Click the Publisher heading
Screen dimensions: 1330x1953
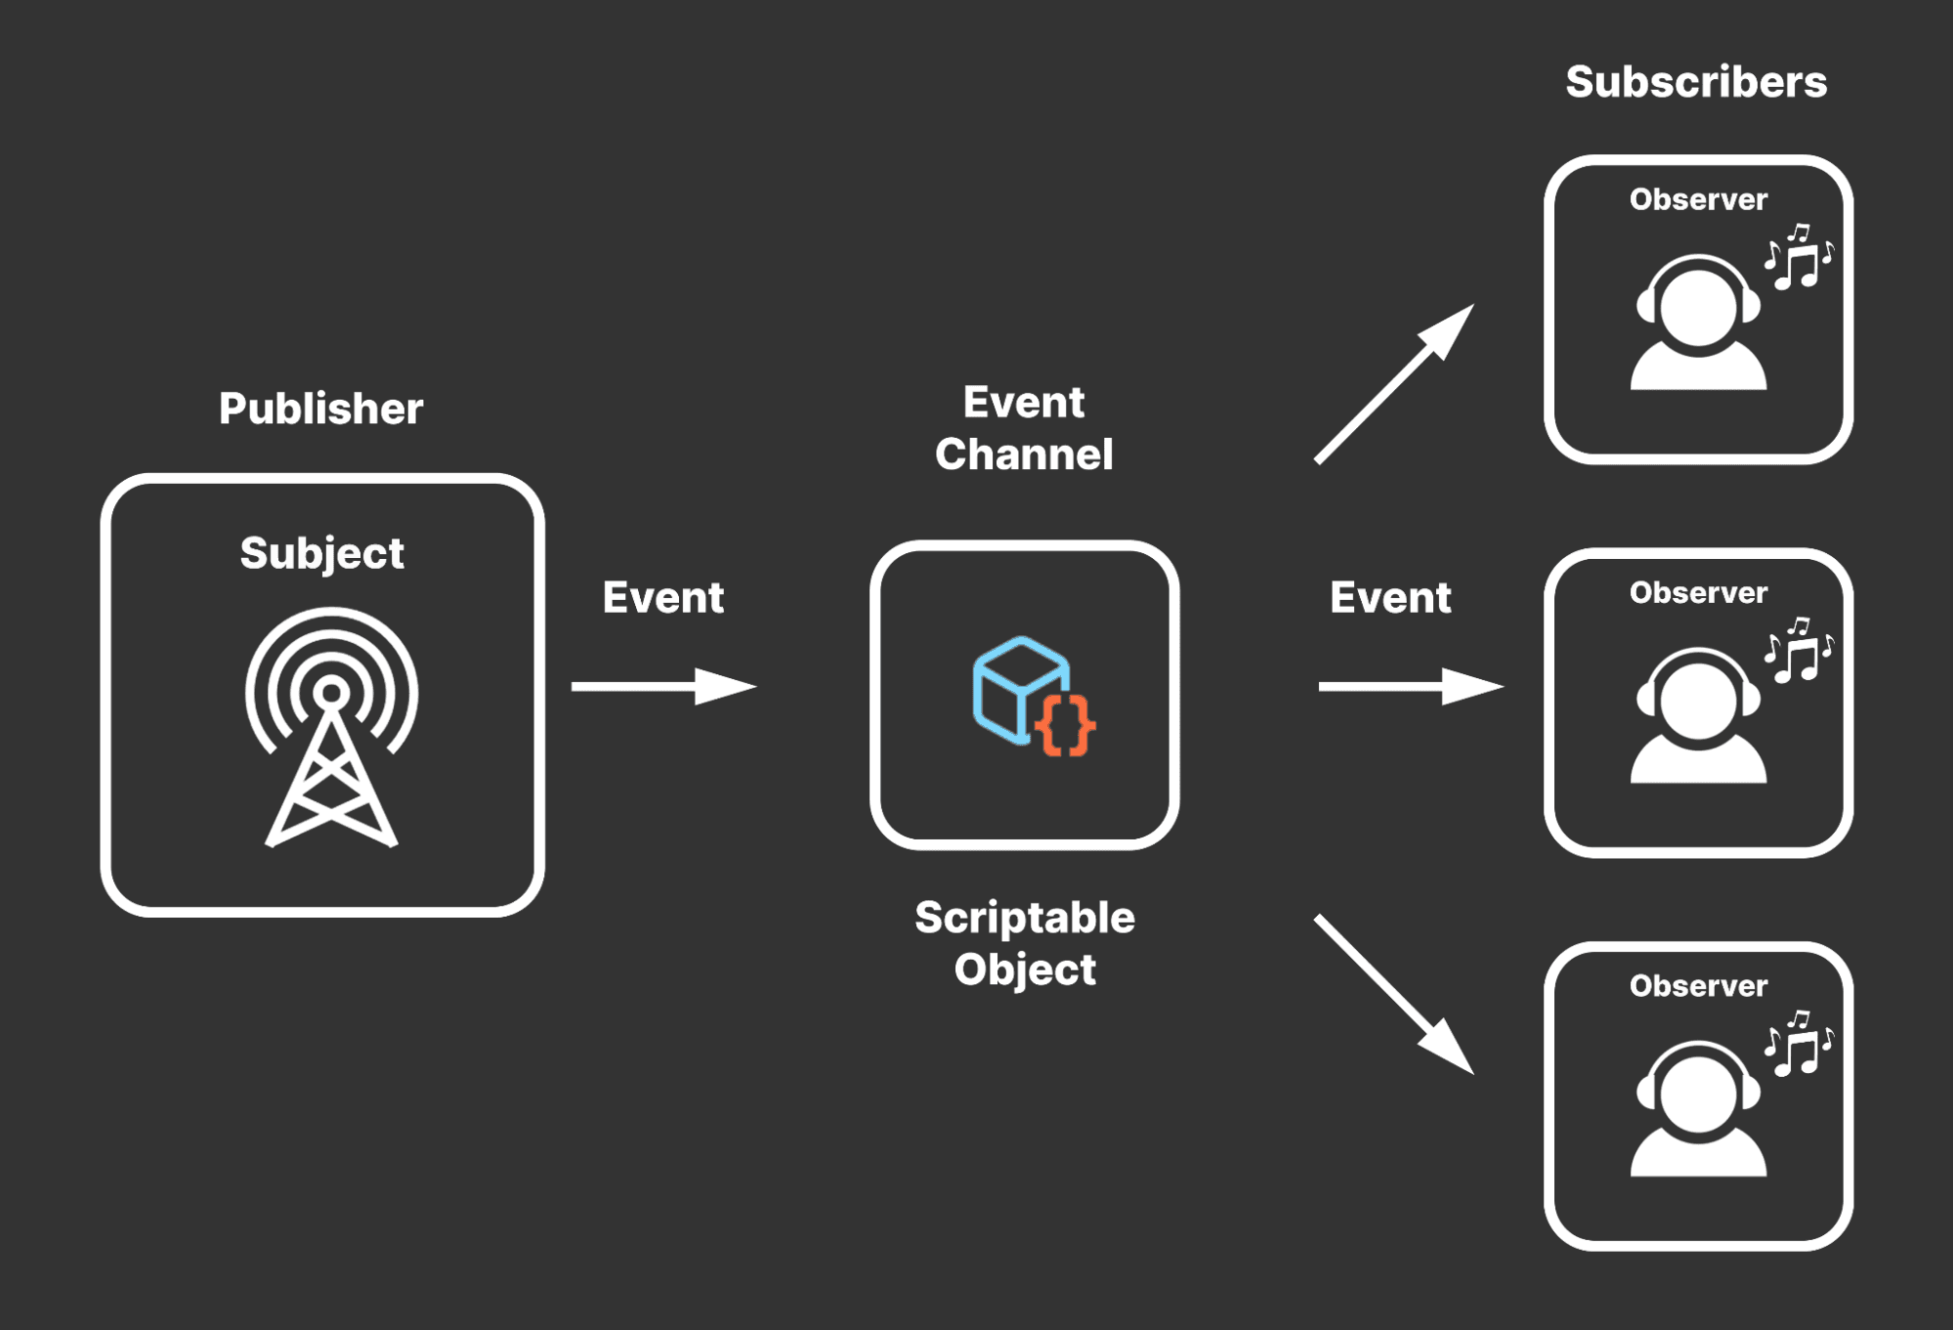[320, 408]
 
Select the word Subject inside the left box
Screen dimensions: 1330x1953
[321, 553]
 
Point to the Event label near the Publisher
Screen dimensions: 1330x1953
[662, 597]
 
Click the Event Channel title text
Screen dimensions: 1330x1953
[1024, 428]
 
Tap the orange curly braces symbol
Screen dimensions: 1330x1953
[1065, 725]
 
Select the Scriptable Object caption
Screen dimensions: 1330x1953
[1024, 943]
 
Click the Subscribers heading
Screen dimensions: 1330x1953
[1696, 82]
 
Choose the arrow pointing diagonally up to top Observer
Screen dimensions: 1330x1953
[1394, 383]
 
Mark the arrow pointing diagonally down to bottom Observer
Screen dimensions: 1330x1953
[1394, 994]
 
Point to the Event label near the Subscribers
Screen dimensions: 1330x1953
[1390, 597]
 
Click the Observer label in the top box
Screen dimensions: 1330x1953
[1698, 199]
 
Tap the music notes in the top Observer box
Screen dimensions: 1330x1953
[1799, 257]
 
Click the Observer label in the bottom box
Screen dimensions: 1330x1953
[1698, 986]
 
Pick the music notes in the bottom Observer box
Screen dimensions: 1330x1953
[1799, 1044]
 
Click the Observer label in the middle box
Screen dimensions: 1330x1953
[1698, 592]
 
